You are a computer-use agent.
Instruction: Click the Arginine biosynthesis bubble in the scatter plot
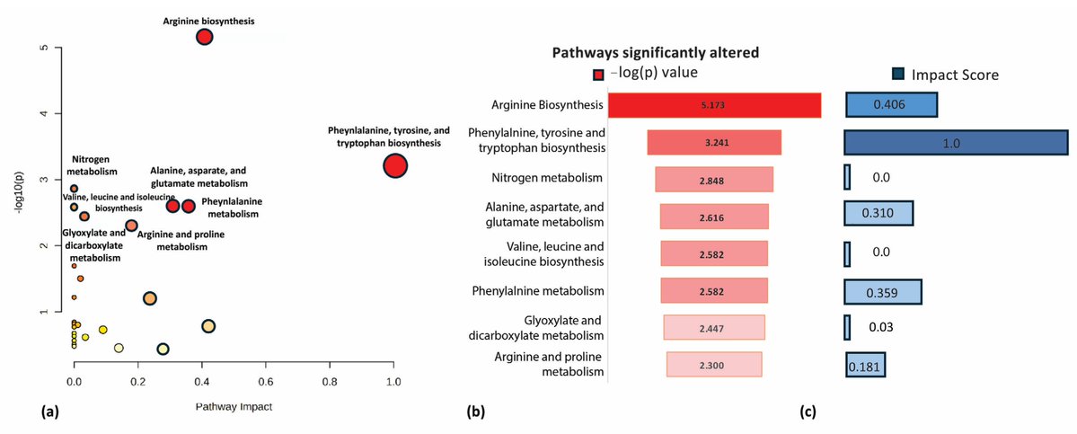(x=204, y=37)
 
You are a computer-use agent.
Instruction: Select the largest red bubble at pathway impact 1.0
(x=395, y=165)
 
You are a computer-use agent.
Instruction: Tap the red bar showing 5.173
(x=715, y=105)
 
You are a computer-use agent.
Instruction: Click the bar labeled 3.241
(x=714, y=143)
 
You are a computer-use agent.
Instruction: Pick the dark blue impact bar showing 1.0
(x=956, y=143)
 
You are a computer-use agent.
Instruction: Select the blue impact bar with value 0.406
(x=891, y=105)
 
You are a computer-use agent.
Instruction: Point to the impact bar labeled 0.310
(x=878, y=213)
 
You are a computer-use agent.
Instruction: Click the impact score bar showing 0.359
(x=883, y=290)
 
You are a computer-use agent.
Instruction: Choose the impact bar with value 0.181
(x=864, y=366)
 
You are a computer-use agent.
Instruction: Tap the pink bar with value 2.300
(x=714, y=365)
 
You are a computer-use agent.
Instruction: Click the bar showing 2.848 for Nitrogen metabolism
(x=714, y=180)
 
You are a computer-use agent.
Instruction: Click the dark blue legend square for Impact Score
(x=897, y=75)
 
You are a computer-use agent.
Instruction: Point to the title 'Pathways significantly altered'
(x=656, y=53)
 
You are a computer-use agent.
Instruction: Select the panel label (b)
(x=476, y=412)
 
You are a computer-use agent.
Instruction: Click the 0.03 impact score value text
(x=880, y=327)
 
